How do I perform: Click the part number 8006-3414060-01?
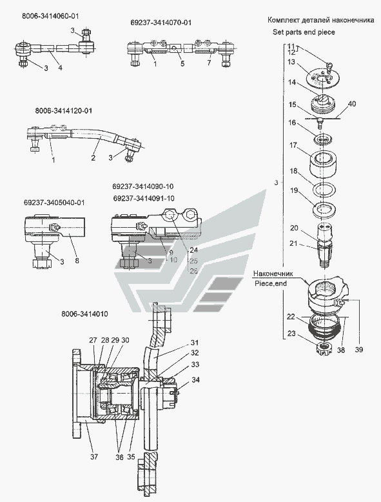pyautogui.click(x=50, y=16)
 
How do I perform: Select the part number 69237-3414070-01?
pyautogui.click(x=161, y=23)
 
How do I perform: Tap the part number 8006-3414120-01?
pyautogui.click(x=64, y=111)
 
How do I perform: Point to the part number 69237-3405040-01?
pyautogui.click(x=54, y=203)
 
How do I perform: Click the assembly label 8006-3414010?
pyautogui.click(x=84, y=314)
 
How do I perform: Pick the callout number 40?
pyautogui.click(x=351, y=104)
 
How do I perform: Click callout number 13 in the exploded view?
pyautogui.click(x=291, y=62)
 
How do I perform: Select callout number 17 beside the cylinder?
pyautogui.click(x=293, y=145)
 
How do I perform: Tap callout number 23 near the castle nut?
pyautogui.click(x=291, y=334)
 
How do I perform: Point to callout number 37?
pyautogui.click(x=93, y=457)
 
